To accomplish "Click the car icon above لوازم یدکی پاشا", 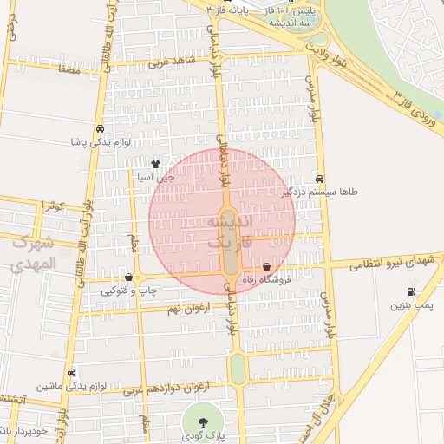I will (x=101, y=127).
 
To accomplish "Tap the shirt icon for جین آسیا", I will (x=155, y=164).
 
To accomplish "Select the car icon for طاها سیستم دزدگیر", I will (x=321, y=178).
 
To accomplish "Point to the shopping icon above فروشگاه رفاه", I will (x=266, y=265).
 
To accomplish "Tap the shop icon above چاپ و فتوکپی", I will (x=129, y=277).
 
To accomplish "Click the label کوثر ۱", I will (x=52, y=206).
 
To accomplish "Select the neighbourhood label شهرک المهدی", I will (x=35, y=252).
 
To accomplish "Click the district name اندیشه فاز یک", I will (x=230, y=232).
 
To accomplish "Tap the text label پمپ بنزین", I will (x=409, y=305).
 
